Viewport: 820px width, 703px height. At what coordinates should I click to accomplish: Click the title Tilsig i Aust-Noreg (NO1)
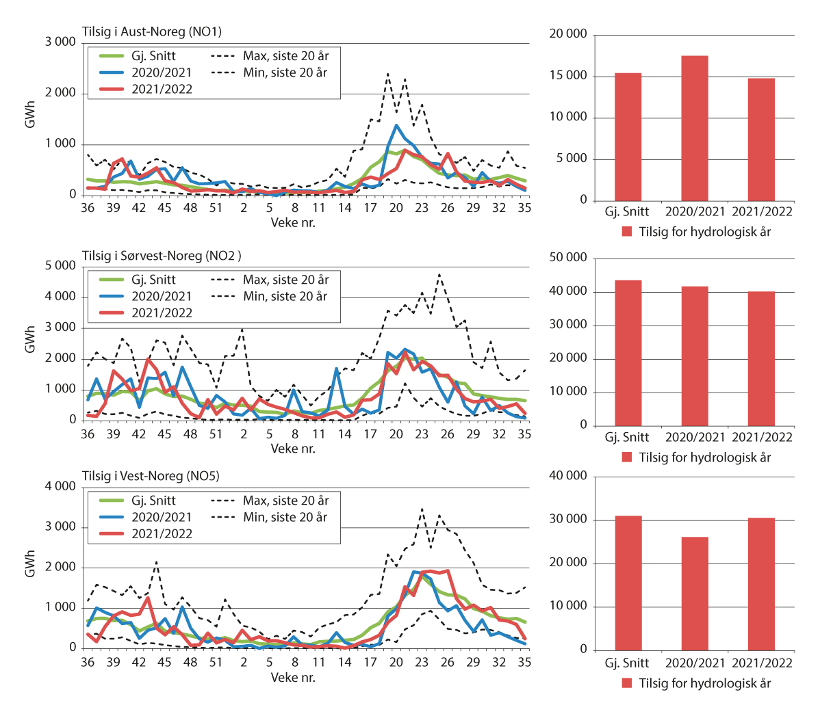tap(151, 31)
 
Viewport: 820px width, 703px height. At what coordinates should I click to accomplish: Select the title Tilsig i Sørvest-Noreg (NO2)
tap(161, 256)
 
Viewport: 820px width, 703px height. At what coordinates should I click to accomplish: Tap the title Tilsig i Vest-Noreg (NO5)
tap(151, 476)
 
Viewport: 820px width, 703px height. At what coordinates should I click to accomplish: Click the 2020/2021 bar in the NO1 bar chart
tap(694, 128)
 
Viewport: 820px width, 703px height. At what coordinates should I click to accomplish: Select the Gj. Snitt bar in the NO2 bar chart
tap(628, 352)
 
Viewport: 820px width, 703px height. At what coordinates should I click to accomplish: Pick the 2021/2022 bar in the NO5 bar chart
tap(760, 583)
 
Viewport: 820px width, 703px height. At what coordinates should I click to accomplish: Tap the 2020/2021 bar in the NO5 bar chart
tap(694, 593)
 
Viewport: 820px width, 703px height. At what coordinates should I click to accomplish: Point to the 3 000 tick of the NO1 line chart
tap(61, 42)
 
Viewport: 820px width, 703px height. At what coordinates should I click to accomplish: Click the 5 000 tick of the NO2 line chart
tap(61, 266)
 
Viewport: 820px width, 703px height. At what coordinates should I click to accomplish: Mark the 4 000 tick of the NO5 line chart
tap(61, 487)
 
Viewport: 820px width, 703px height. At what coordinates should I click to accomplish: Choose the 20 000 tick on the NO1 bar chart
tap(569, 35)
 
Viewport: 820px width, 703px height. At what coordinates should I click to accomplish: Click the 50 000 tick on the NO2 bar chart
tap(569, 258)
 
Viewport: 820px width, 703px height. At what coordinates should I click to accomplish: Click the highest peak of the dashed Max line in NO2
tap(439, 274)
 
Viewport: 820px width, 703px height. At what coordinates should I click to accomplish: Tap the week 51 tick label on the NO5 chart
tap(216, 662)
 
